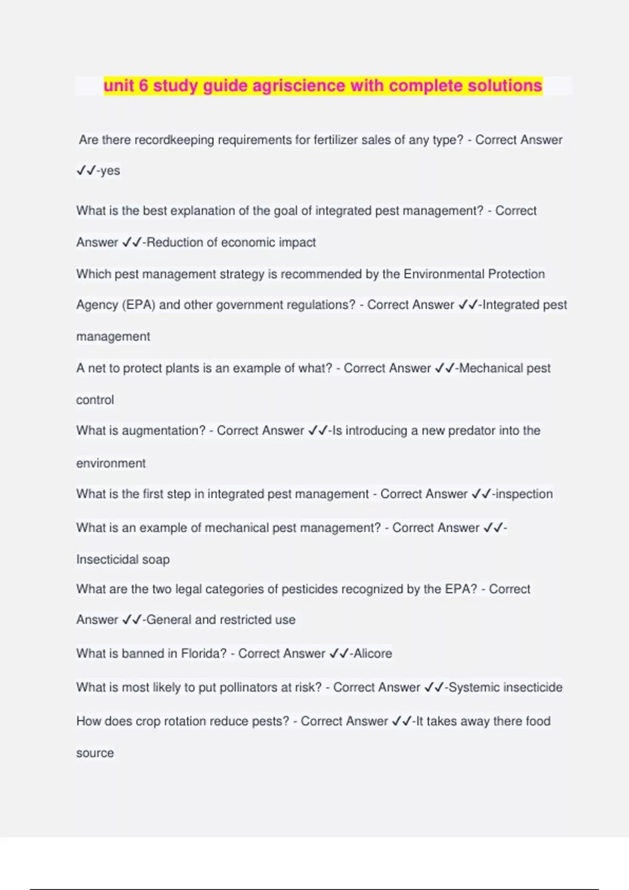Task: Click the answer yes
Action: [110, 171]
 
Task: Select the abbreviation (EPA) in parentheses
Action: [138, 305]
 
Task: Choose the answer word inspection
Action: [524, 494]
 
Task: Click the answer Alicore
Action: [373, 654]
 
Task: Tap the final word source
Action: [95, 753]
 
